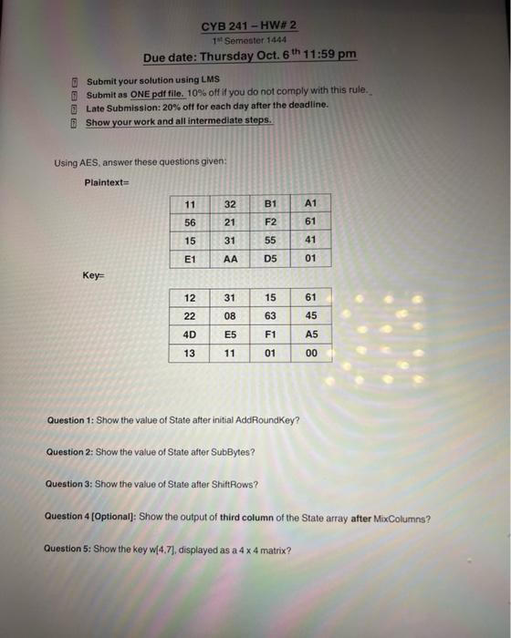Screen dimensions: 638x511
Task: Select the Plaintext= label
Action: tap(108, 182)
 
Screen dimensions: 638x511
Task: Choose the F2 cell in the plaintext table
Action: tap(269, 221)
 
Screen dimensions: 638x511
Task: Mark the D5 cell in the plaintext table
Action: tap(269, 258)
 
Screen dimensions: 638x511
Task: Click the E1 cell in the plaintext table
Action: tap(190, 258)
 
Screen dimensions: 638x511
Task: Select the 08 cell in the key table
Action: tap(230, 316)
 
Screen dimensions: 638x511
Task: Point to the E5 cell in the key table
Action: tap(230, 334)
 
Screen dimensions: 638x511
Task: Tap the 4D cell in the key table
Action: tap(190, 334)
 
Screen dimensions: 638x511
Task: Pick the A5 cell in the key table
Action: tap(311, 334)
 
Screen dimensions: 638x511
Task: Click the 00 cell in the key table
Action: tap(311, 353)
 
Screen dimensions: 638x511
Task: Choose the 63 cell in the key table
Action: tap(270, 316)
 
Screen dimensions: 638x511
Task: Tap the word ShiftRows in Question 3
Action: tap(233, 484)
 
